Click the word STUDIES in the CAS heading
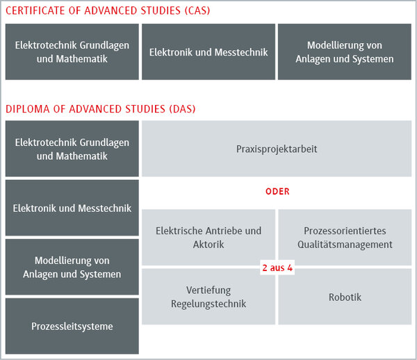[156, 10]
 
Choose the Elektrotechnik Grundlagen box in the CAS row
[72, 52]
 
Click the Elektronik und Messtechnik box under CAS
[208, 52]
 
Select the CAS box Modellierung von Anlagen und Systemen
[344, 52]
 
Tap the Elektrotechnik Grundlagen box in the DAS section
[72, 149]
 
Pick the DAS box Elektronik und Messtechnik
[72, 208]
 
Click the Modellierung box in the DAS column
[72, 267]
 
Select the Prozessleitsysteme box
[72, 326]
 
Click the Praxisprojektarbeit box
[277, 149]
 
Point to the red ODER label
[277, 191]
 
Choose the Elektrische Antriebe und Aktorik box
[208, 237]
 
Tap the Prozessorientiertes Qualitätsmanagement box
[345, 237]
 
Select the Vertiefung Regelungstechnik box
[208, 297]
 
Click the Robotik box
[345, 297]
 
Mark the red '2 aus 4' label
[277, 267]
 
